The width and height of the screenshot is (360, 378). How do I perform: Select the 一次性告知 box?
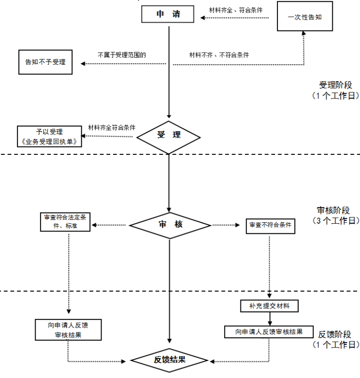[x=304, y=17]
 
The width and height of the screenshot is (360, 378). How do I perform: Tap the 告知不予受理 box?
[x=45, y=62]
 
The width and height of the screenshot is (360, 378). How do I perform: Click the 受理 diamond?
[x=169, y=135]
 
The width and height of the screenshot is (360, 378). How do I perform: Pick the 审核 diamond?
[x=170, y=225]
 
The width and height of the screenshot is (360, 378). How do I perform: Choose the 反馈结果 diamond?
[x=170, y=359]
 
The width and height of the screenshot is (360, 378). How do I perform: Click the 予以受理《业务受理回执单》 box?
[x=49, y=137]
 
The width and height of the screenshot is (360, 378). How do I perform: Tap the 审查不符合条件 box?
[x=270, y=225]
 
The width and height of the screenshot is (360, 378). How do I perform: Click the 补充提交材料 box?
[x=270, y=306]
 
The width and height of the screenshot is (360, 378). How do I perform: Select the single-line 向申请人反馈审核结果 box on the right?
[x=269, y=332]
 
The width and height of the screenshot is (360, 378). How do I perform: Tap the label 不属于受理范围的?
[x=122, y=55]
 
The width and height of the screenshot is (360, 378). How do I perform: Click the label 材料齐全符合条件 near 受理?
[x=112, y=128]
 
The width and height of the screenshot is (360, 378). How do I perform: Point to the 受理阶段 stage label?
[x=336, y=85]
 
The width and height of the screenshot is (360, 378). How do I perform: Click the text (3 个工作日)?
[x=336, y=220]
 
